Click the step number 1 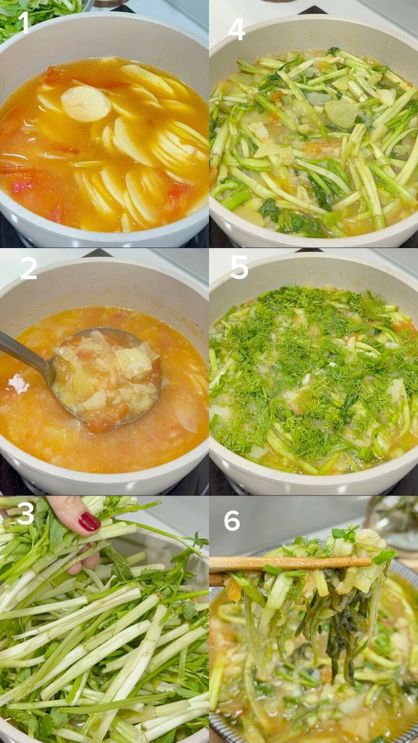point(23,22)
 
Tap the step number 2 point(28,269)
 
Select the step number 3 point(25,514)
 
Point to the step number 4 point(236,29)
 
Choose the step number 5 point(239,267)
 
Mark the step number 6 point(232,520)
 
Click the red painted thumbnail point(89,521)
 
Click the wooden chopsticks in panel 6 point(289,563)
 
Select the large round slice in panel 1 point(86,103)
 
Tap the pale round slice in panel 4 point(341,113)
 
